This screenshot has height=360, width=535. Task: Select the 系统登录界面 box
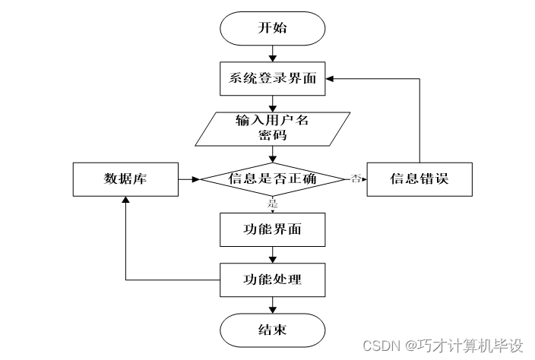coord(272,77)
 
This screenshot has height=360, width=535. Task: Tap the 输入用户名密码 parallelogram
coord(272,128)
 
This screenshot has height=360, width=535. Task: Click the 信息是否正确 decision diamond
coord(272,179)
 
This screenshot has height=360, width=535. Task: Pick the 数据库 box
coord(125,179)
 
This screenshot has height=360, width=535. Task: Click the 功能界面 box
coord(272,229)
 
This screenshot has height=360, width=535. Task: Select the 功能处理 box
coord(272,279)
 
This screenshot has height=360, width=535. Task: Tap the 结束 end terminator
coord(272,330)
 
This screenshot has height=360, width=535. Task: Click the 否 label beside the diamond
coord(355,178)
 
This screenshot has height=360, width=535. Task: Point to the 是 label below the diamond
coord(272,203)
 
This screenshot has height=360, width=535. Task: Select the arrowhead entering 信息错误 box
coord(362,179)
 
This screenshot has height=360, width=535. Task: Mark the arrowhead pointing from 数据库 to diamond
coord(195,179)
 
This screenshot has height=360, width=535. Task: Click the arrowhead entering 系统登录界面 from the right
coord(331,77)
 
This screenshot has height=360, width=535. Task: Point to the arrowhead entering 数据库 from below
coord(125,201)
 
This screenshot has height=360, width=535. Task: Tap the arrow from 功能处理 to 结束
coord(272,305)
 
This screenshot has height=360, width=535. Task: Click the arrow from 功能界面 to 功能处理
coord(272,254)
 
